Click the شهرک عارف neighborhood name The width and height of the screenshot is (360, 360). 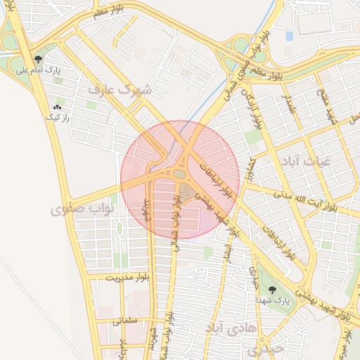tap(125, 90)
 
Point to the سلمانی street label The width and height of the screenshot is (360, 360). tap(125, 320)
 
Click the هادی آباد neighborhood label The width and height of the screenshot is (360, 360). tap(230, 328)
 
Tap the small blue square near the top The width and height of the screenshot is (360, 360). tap(289, 35)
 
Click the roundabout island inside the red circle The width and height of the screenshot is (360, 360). tap(180, 173)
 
